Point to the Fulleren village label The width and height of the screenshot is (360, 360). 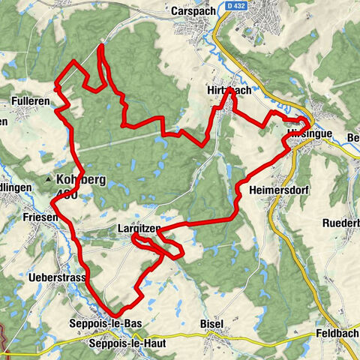(30, 99)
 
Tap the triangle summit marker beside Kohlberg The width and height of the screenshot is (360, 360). (49, 181)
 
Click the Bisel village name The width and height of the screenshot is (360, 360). (212, 323)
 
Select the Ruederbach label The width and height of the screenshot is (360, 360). (341, 223)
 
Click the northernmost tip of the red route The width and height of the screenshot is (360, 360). (100, 46)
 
